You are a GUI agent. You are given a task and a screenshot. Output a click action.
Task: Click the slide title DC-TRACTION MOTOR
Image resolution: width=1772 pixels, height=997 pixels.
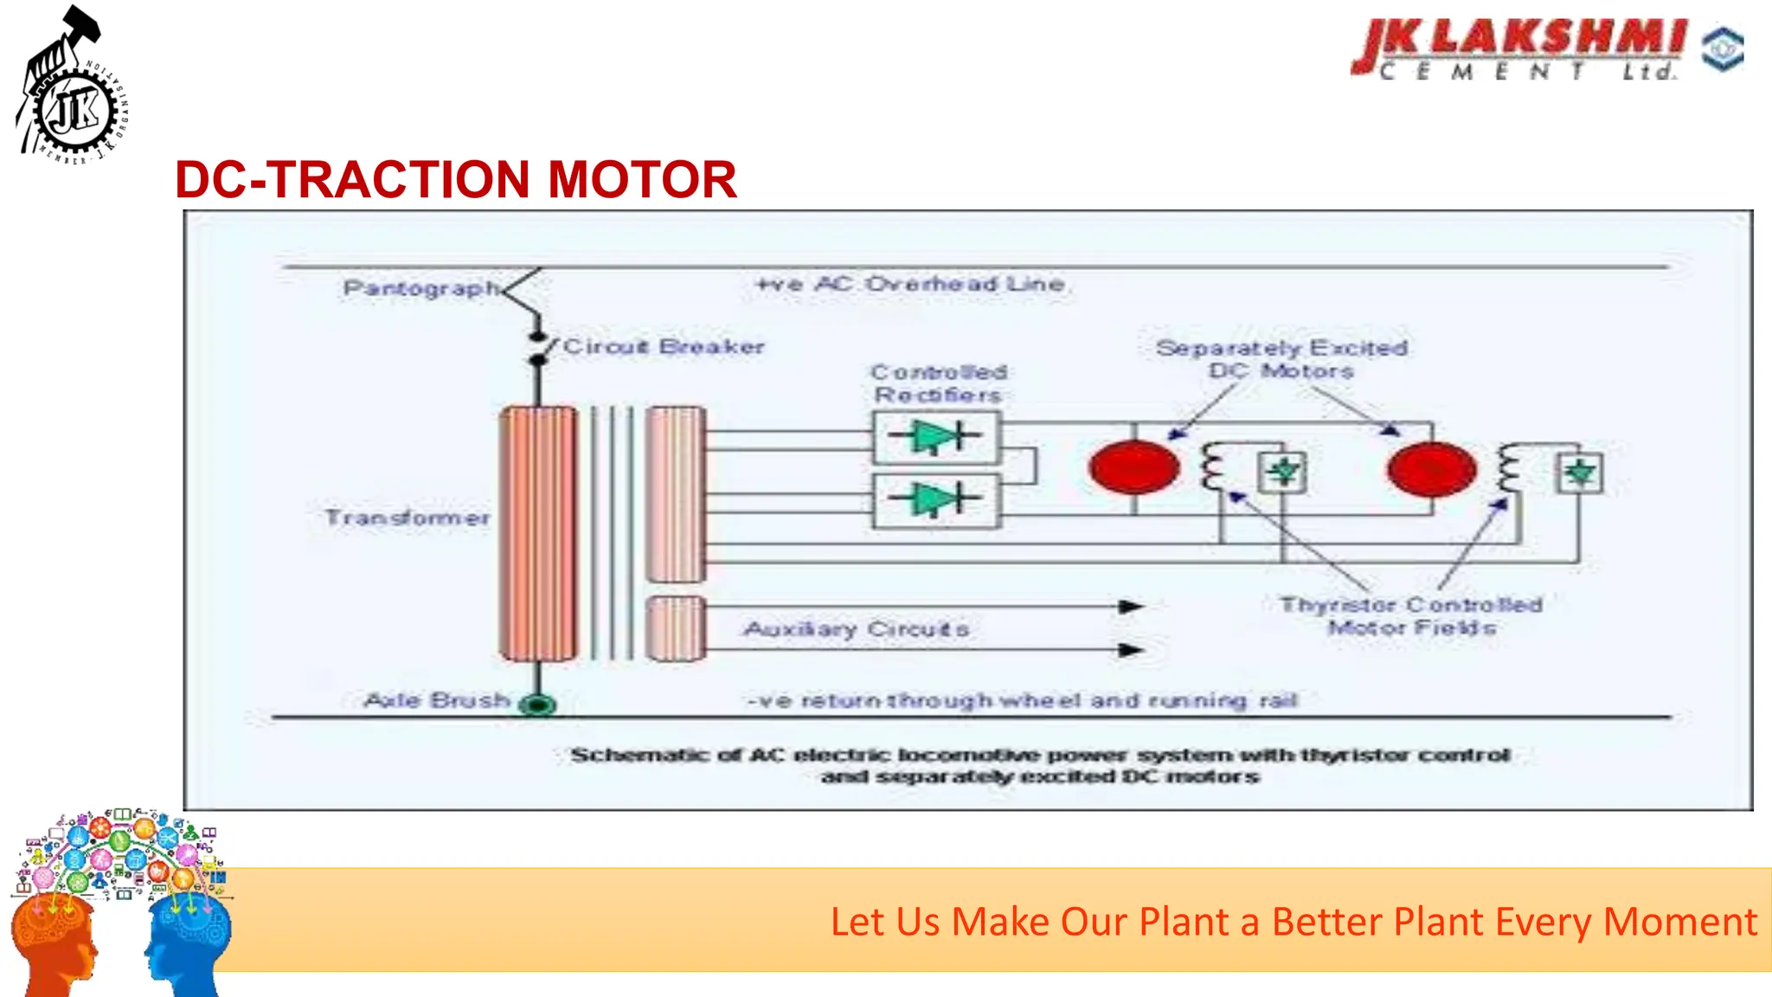click(456, 180)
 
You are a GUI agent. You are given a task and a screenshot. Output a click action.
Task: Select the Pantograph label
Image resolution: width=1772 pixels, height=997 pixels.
click(421, 287)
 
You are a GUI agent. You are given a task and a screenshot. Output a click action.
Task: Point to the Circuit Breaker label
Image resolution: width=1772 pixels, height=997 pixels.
click(664, 347)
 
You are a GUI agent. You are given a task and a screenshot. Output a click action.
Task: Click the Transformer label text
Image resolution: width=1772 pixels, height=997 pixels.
click(407, 518)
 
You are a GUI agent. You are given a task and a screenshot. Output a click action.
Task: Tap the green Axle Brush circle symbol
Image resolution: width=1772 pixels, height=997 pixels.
click(538, 704)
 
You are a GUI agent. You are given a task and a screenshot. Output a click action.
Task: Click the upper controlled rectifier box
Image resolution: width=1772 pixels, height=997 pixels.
click(937, 438)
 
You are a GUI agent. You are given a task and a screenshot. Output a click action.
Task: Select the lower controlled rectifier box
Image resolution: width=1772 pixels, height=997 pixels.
click(937, 500)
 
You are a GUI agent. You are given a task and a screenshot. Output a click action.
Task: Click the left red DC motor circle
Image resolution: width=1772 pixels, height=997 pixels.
click(1133, 467)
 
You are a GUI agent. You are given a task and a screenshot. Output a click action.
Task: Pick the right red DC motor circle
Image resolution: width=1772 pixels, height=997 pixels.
click(1431, 468)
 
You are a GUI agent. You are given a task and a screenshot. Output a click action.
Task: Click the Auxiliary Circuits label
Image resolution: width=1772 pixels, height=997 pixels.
click(856, 629)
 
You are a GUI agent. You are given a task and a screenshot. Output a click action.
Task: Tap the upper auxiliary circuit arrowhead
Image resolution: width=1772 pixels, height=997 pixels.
click(1131, 607)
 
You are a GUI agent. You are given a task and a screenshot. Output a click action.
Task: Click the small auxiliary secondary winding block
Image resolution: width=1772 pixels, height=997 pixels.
click(675, 628)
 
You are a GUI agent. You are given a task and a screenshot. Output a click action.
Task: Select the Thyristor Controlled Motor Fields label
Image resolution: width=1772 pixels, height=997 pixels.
click(1411, 615)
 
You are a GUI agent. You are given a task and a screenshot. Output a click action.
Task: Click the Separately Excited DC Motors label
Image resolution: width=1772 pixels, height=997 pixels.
click(1281, 359)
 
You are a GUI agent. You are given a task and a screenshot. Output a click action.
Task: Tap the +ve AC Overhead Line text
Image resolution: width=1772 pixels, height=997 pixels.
click(910, 284)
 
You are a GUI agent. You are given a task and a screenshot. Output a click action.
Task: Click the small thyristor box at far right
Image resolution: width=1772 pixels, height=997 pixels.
click(1580, 473)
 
